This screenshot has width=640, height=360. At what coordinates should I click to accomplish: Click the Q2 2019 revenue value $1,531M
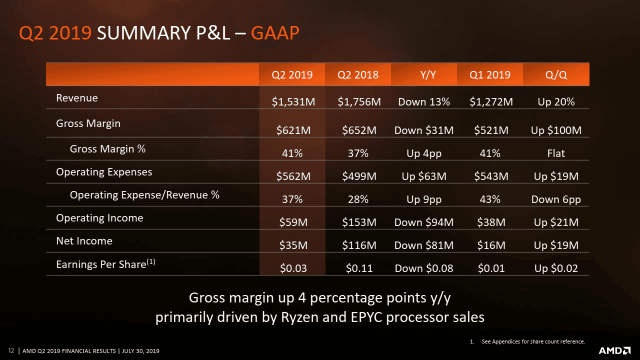pos(293,102)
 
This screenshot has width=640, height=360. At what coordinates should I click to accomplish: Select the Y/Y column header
pos(424,75)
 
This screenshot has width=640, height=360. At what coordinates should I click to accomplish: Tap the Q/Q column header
pos(556,75)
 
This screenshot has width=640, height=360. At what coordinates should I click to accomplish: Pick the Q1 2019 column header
pos(490,75)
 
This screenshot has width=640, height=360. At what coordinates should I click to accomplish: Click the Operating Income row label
pos(99,218)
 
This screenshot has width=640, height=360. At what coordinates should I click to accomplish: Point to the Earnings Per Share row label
pos(105,264)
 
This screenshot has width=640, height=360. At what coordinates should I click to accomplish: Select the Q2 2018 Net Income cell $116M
pos(359,245)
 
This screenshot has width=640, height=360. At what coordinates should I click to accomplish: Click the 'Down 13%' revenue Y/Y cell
pos(424,102)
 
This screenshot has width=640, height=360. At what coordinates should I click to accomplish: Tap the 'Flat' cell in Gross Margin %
pos(556,153)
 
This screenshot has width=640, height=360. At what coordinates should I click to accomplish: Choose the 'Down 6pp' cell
pos(556,199)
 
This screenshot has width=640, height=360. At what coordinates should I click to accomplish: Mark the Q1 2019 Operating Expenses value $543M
pos(491,176)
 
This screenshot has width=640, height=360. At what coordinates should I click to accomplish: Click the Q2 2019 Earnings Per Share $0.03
pos(293,268)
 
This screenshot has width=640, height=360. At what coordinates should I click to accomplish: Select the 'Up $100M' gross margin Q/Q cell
pos(556,130)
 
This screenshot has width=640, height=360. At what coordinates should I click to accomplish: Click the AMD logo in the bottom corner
pos(614,350)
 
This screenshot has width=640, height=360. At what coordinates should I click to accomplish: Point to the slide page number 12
pos(11,350)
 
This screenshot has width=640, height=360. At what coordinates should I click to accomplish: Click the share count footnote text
pos(533,341)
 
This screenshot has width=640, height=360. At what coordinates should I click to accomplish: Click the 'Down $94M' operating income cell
pos(424,222)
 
